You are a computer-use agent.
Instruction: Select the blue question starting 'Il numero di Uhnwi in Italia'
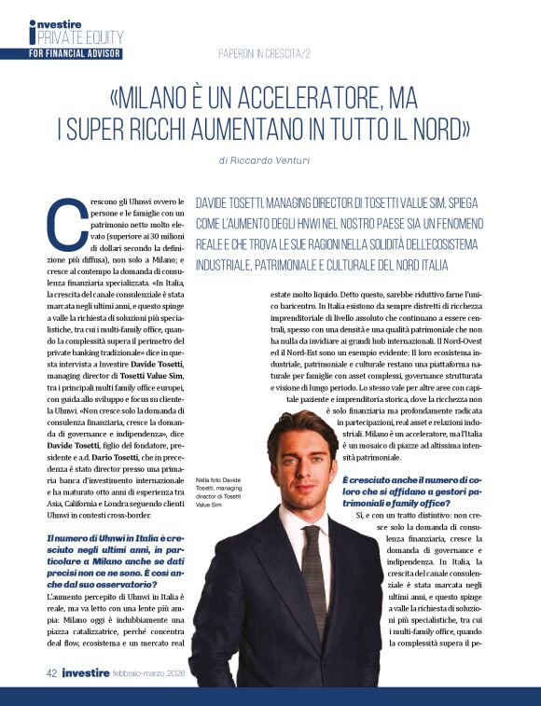[x=116, y=563]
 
